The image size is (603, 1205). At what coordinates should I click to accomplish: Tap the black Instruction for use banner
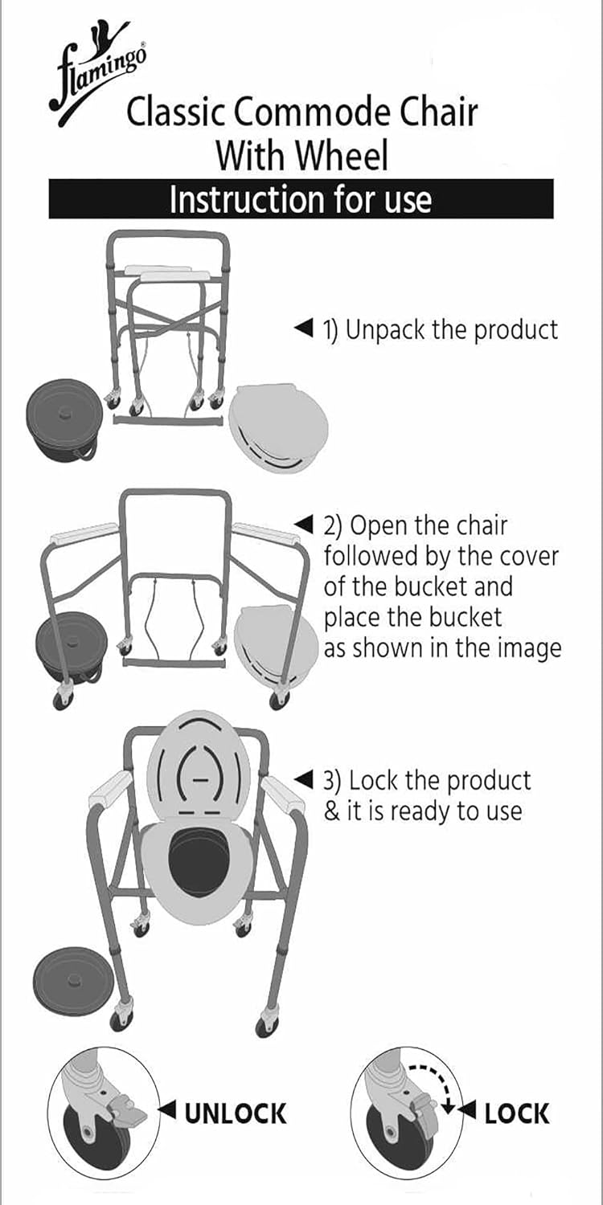301,199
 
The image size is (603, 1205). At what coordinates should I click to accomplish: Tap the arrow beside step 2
302,525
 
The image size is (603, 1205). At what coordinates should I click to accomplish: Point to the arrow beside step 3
302,778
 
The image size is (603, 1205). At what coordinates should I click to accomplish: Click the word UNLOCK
236,1113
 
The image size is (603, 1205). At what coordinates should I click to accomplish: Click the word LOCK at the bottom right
517,1113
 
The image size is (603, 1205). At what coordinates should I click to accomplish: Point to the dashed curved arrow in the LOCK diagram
429,1078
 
